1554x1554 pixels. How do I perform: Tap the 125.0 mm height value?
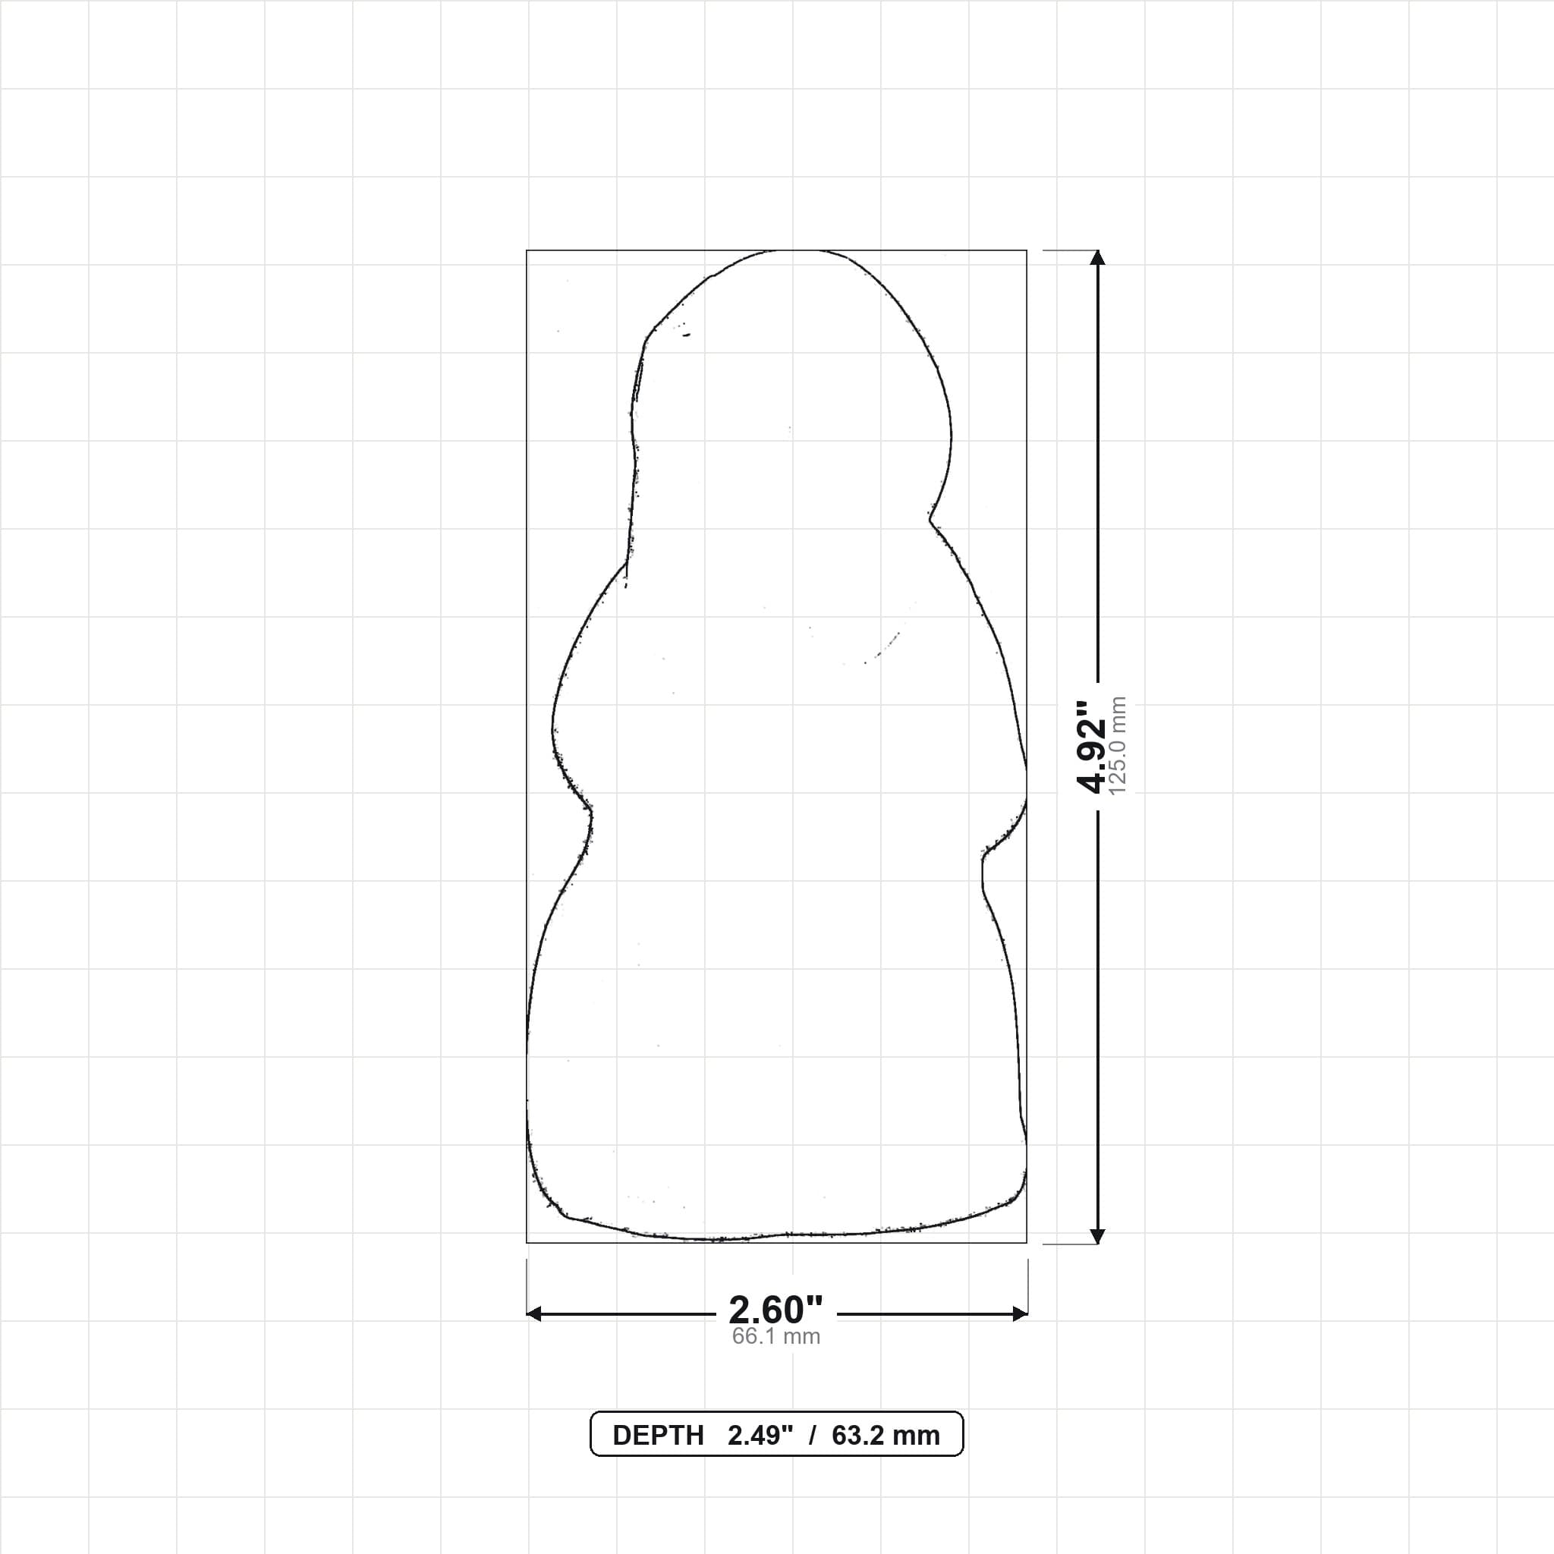pos(1118,747)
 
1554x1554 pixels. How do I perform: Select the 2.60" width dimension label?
pos(776,1310)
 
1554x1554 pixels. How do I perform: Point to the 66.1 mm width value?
pos(776,1337)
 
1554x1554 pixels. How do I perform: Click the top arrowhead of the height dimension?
pos(1097,257)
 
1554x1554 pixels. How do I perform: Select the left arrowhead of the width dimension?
pos(533,1314)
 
